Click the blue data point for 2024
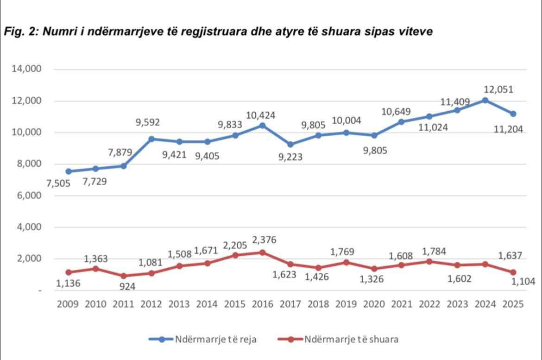coord(485,100)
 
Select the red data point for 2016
coord(263,253)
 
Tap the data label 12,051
coord(498,89)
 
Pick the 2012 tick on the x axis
coord(151,304)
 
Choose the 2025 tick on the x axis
coord(512,304)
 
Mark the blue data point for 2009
coord(69,171)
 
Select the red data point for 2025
coord(513,272)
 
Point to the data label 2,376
coord(263,240)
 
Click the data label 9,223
coord(290,157)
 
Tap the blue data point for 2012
coord(151,139)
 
